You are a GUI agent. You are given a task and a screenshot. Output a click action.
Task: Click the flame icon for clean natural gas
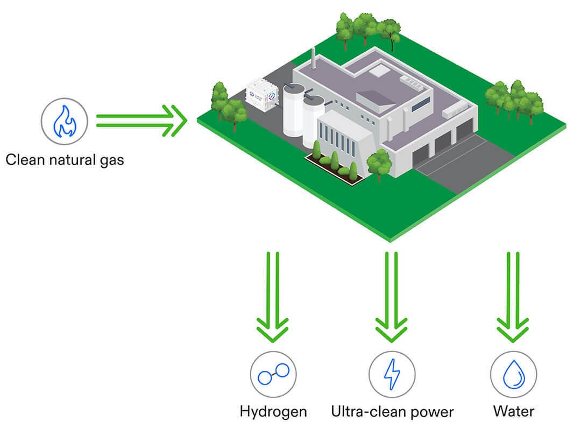65,121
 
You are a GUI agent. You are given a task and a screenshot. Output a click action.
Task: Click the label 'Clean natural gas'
65,159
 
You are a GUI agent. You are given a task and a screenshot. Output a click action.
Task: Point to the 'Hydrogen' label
273,412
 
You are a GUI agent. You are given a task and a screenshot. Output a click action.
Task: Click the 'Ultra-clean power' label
392,412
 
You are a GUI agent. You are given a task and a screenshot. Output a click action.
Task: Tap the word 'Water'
514,412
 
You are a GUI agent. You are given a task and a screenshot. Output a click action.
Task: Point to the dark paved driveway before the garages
457,162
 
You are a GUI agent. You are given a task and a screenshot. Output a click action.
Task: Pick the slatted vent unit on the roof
415,81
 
